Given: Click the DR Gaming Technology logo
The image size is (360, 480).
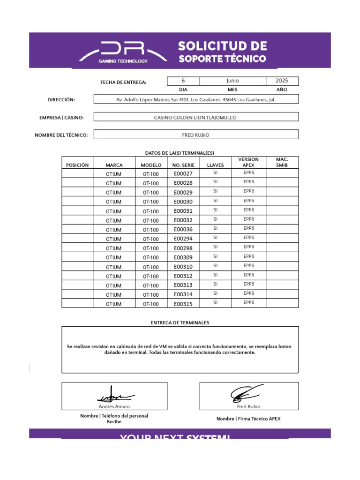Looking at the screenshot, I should click(123, 52).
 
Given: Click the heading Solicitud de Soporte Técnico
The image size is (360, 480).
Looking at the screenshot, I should click(222, 52).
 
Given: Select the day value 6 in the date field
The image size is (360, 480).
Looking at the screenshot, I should click(183, 81).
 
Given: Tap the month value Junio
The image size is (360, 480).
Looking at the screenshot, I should click(232, 81).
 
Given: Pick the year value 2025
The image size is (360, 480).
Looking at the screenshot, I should click(282, 81).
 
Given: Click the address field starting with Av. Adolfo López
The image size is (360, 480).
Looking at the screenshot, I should click(196, 99).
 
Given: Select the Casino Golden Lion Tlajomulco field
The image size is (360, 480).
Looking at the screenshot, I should click(196, 117).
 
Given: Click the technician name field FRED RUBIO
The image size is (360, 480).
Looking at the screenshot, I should click(196, 135).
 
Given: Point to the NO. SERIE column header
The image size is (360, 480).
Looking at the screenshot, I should click(183, 165).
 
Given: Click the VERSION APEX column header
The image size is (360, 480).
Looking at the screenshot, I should click(248, 162).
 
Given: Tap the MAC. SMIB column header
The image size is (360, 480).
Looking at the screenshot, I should click(282, 162).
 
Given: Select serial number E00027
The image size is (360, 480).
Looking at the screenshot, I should click(183, 174).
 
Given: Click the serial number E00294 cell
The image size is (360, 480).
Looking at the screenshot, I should click(183, 239).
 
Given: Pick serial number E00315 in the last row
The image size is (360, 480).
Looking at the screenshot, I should click(183, 304).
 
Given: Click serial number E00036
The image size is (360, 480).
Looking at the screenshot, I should click(183, 230).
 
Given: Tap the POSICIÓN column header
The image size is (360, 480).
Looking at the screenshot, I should click(77, 165).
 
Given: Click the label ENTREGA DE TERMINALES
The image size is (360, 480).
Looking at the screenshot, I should click(180, 323).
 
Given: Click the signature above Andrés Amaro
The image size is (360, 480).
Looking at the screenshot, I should click(115, 395).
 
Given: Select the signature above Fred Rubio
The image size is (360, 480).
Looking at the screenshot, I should click(247, 393).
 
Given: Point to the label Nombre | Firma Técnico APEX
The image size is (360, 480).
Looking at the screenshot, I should click(248, 419).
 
